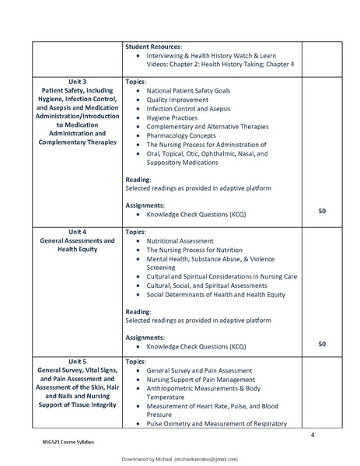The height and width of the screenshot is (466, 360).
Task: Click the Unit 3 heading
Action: [x=78, y=81]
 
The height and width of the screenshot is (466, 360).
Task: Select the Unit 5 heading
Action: [x=78, y=362]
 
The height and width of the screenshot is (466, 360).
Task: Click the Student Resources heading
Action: [x=154, y=47]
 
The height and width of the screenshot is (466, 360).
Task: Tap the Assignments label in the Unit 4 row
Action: [x=145, y=338]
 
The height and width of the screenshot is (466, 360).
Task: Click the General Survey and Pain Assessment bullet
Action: [x=199, y=371]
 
